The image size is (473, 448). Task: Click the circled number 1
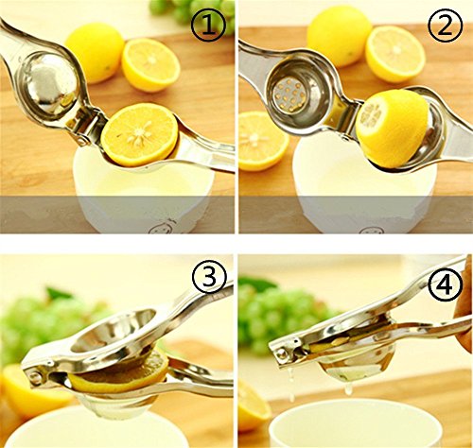(x=208, y=25)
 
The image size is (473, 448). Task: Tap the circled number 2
(x=446, y=25)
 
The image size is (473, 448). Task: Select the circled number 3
(x=209, y=276)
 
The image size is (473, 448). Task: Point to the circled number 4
(x=446, y=285)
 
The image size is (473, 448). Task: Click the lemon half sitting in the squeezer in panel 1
(x=139, y=134)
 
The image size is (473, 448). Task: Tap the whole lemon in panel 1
(x=95, y=52)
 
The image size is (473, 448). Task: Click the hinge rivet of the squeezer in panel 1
(x=82, y=139)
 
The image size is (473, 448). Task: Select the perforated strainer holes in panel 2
(x=289, y=94)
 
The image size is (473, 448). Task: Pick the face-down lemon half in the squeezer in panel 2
(x=391, y=128)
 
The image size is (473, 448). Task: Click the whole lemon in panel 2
(x=339, y=36)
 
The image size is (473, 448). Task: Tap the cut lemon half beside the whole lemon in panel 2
(x=394, y=54)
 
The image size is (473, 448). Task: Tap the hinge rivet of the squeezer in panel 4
(x=281, y=353)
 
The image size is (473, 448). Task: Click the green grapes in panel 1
(x=192, y=12)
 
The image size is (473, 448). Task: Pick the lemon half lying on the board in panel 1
(x=150, y=65)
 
